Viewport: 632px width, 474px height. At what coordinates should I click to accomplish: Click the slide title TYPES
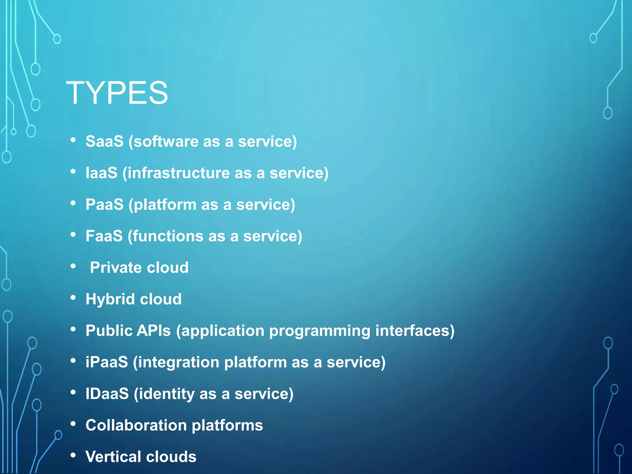click(117, 93)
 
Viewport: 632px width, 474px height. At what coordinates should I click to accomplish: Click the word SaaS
click(104, 142)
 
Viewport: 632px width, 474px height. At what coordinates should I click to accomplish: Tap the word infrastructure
click(179, 173)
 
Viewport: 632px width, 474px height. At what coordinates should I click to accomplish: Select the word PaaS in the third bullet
click(104, 205)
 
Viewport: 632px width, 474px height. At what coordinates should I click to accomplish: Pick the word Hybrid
click(110, 299)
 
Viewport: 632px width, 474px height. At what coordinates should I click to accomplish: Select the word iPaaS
click(107, 362)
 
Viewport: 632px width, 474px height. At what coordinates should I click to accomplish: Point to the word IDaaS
click(107, 394)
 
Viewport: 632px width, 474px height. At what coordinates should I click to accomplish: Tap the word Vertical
click(113, 457)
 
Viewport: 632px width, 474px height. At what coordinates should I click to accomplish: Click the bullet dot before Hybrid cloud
click(73, 298)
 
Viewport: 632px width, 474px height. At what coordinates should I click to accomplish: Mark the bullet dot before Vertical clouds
click(73, 455)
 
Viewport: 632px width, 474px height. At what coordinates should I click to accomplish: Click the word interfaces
click(412, 331)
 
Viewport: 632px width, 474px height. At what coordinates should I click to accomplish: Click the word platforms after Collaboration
click(227, 426)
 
